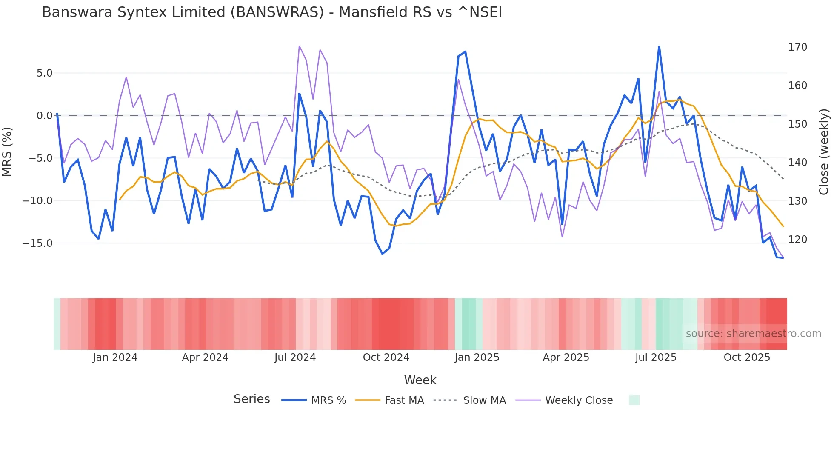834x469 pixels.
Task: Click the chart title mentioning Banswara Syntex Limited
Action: (x=272, y=12)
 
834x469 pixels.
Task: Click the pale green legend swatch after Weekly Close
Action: (x=634, y=400)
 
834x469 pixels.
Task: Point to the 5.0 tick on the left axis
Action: (x=44, y=73)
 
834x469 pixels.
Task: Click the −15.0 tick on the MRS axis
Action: (x=38, y=243)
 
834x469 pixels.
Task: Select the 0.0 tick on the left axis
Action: (x=44, y=116)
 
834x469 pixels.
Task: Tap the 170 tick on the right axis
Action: (x=797, y=47)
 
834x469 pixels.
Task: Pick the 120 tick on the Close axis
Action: (x=797, y=240)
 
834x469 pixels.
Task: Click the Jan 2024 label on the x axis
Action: (x=115, y=357)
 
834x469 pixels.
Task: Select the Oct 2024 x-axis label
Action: (x=386, y=357)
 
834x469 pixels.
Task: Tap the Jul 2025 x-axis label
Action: (x=656, y=357)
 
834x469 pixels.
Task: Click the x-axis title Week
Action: (x=420, y=380)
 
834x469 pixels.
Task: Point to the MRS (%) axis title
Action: (x=7, y=152)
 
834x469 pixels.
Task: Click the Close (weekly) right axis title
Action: (x=824, y=152)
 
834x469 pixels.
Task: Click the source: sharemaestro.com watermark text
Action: (x=753, y=334)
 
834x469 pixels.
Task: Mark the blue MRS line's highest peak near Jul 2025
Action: (x=659, y=47)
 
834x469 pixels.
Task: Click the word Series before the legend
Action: (x=251, y=399)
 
